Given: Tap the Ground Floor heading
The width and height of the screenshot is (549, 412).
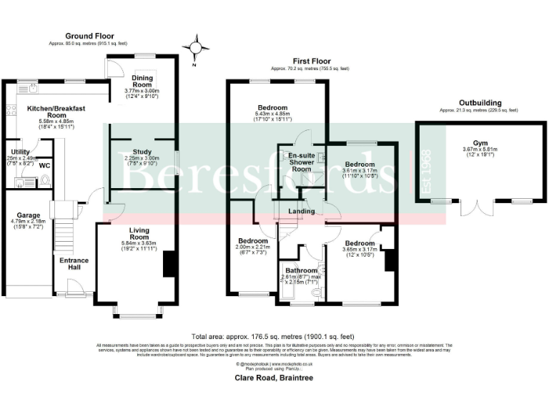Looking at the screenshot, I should [x=89, y=35].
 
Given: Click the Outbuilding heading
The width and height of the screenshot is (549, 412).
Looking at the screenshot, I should [x=479, y=103].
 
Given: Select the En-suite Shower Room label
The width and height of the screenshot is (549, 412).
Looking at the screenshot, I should [x=301, y=162].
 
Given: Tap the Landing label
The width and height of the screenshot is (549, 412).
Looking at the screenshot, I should [x=301, y=211].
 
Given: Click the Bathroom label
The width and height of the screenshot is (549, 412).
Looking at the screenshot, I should [x=302, y=270].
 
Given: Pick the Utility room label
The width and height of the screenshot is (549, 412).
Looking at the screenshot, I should [x=20, y=152].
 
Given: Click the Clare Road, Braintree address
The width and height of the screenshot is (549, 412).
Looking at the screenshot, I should [x=274, y=376].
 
